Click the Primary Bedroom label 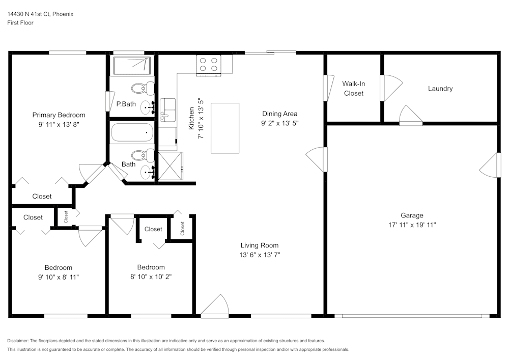[59, 115]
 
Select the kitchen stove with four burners [209, 65]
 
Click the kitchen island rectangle [225, 128]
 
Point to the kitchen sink [167, 109]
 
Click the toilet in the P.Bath [142, 89]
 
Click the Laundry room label [440, 89]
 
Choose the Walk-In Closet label [353, 88]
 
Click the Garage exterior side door [490, 165]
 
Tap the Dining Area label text [279, 114]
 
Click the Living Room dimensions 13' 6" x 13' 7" [260, 255]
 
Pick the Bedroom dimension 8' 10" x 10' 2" [151, 276]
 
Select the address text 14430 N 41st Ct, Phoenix [40, 14]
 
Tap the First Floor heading [20, 23]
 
